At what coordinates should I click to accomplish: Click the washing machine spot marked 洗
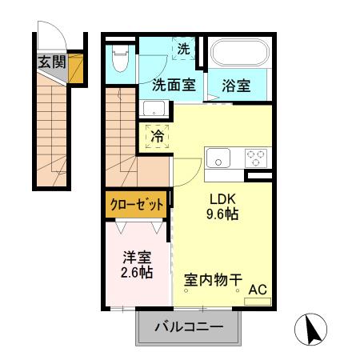[x=184, y=50]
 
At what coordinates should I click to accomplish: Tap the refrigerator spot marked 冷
[x=158, y=135]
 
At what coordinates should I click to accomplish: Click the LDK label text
[x=224, y=199]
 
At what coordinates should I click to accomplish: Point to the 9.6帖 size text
[x=224, y=214]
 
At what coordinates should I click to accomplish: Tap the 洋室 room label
[x=136, y=258]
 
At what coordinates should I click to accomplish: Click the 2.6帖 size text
[x=136, y=272]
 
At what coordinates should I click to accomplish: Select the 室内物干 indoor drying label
[x=213, y=280]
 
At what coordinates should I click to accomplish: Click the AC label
[x=258, y=289]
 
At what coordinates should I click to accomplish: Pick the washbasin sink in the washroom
[x=154, y=109]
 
